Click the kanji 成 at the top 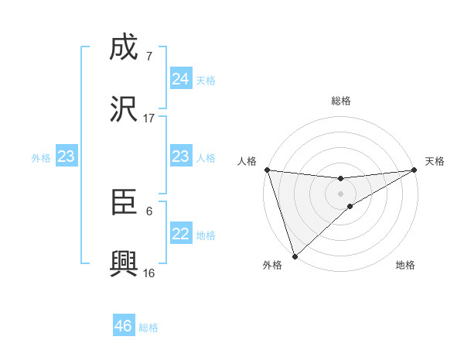(x=124, y=50)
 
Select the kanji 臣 (x=124, y=204)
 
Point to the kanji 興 (x=124, y=263)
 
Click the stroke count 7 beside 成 (x=148, y=57)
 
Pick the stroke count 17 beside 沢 (x=148, y=118)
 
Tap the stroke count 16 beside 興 (x=148, y=273)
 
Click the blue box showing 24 (x=181, y=79)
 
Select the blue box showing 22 (x=181, y=234)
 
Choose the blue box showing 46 (x=124, y=326)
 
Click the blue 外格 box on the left (x=67, y=156)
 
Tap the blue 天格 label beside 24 (x=206, y=80)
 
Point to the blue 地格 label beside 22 (x=206, y=235)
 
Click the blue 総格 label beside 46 (x=148, y=327)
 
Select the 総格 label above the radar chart (x=341, y=101)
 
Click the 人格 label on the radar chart (x=247, y=161)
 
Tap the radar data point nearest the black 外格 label (x=294, y=256)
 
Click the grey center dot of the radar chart (x=340, y=193)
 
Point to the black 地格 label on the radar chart (x=405, y=266)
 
